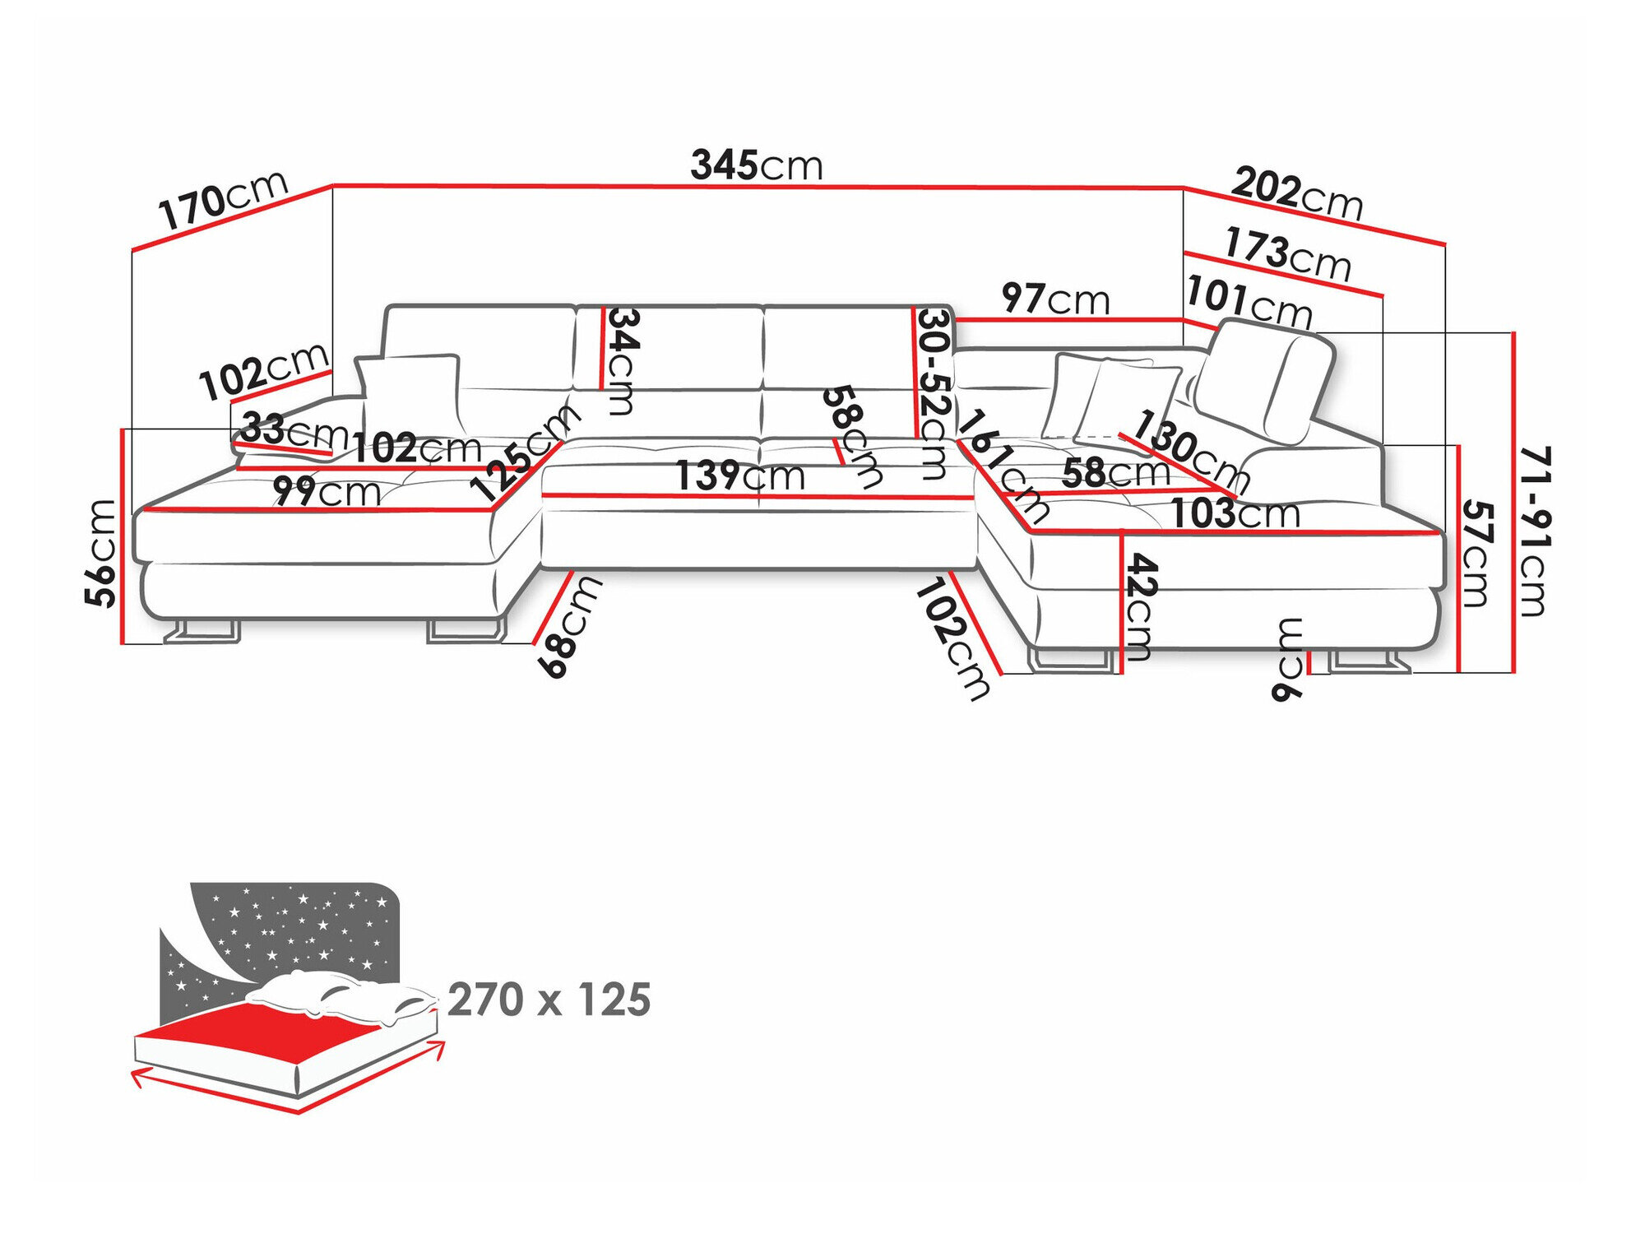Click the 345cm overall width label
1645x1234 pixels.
tap(756, 165)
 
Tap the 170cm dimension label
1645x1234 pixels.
tap(223, 200)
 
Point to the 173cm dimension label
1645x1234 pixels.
tap(1287, 254)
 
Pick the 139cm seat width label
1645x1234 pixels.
tap(739, 476)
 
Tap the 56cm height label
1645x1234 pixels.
tap(102, 553)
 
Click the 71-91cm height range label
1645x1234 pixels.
tap(1533, 531)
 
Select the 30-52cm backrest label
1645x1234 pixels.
tap(935, 393)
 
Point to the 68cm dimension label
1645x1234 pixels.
tap(569, 627)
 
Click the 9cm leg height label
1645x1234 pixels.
tap(1288, 659)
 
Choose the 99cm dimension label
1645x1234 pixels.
tap(327, 492)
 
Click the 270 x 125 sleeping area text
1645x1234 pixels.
tap(549, 1000)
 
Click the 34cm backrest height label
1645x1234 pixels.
tap(621, 361)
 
